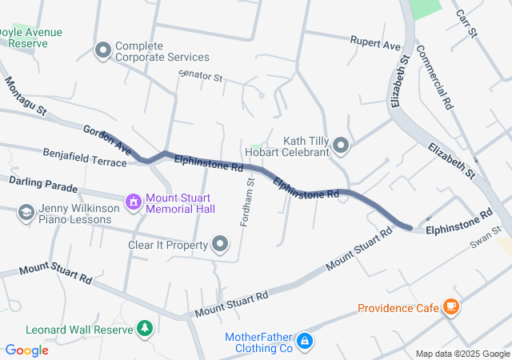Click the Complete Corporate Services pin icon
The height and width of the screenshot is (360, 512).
(102, 51)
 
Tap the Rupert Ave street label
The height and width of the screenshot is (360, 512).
(375, 43)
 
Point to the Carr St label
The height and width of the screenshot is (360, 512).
(466, 24)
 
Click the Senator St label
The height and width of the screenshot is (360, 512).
(200, 79)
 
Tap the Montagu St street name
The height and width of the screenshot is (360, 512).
(25, 99)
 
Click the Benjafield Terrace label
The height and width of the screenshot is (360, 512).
(84, 157)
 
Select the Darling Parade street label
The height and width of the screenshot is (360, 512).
(43, 185)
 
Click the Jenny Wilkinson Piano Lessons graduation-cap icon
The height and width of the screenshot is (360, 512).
(26, 213)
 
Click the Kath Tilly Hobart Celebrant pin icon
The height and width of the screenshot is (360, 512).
(342, 146)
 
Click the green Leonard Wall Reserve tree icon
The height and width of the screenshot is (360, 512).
(144, 329)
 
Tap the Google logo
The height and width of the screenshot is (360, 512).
(26, 350)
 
